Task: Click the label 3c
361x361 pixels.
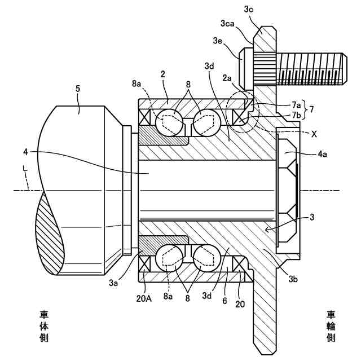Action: point(249,9)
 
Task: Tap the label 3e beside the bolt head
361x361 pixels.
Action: point(218,41)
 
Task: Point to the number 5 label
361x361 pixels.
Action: point(78,89)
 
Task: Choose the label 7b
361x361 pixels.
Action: point(297,116)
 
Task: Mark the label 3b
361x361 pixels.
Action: point(293,278)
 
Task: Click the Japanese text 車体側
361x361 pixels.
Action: point(44,325)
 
